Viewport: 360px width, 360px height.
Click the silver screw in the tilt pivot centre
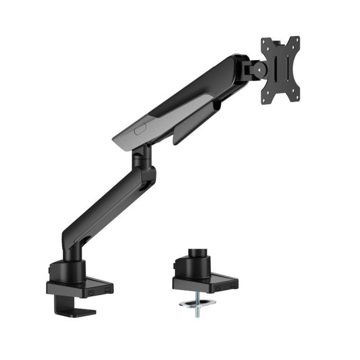pyautogui.click(x=256, y=68)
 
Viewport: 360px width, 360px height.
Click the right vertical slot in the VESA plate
pyautogui.click(x=288, y=68)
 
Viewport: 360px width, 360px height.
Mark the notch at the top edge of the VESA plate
pyautogui.click(x=280, y=40)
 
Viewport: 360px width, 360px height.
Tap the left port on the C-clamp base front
pyautogui.click(x=92, y=291)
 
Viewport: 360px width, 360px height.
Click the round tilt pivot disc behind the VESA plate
pyautogui.click(x=255, y=68)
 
